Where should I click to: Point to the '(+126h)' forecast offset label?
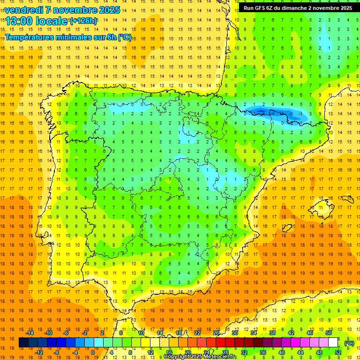point(83,21)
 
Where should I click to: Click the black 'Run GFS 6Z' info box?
point(298,8)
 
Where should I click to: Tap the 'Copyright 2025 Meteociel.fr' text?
point(200,357)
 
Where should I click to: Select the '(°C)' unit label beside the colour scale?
point(349,344)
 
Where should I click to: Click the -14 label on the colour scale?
point(30,333)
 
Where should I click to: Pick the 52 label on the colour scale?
point(337,352)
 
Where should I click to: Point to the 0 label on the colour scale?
point(93,352)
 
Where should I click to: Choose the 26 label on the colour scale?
point(216,333)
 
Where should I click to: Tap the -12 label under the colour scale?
point(39,352)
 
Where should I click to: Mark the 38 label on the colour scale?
point(272,333)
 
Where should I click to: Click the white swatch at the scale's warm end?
point(333,343)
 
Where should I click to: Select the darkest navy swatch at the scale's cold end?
point(24,343)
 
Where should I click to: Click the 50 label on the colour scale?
point(329,333)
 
